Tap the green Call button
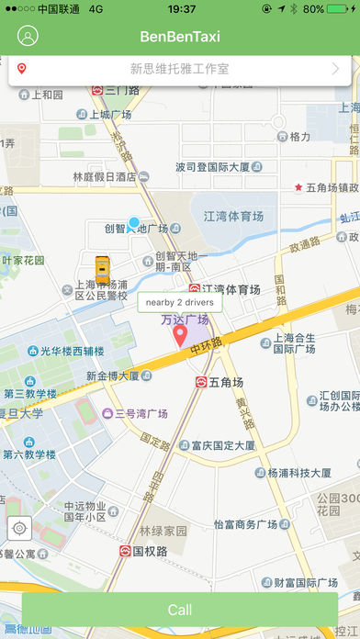point(180,610)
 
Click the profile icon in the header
point(28,37)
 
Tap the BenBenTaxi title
point(180,37)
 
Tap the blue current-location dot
point(134,223)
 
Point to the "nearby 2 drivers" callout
point(179,302)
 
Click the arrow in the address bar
point(335,69)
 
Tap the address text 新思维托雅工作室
point(179,69)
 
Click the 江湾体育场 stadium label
point(233,217)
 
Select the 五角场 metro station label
point(225,382)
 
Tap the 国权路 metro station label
point(148,552)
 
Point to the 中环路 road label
point(208,350)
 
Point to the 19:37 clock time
point(181,8)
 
